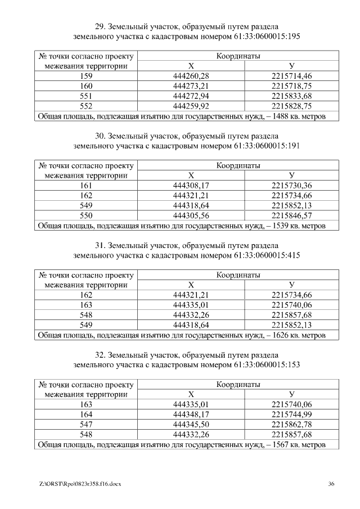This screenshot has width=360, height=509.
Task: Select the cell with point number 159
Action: coord(87,76)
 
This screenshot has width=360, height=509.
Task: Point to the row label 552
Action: coord(87,106)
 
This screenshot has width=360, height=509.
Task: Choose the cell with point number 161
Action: coord(87,185)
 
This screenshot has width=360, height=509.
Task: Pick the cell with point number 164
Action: coord(87,415)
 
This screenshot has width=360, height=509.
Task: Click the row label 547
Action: coord(87,425)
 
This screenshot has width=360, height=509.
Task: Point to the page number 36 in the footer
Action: coord(331,484)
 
